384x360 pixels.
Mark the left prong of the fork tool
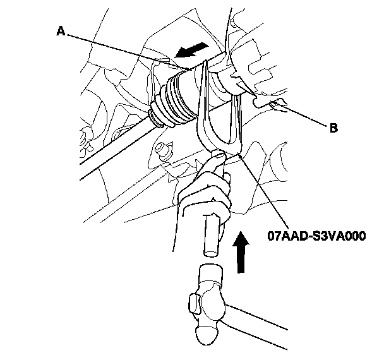[x=203, y=107]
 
